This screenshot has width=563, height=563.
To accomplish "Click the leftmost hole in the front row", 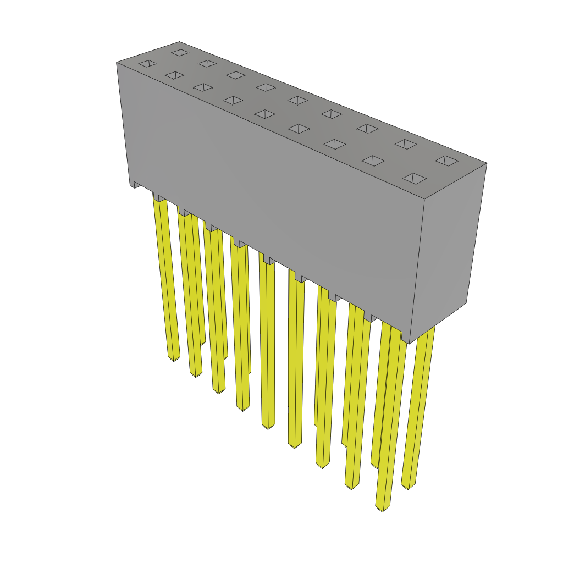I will pyautogui.click(x=148, y=64).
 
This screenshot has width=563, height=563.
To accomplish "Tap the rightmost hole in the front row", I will pyautogui.click(x=414, y=179).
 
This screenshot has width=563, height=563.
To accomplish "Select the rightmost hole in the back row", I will pyautogui.click(x=446, y=161).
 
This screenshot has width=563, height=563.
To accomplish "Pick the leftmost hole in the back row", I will pyautogui.click(x=180, y=53).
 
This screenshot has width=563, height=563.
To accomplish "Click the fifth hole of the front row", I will pyautogui.click(x=266, y=114).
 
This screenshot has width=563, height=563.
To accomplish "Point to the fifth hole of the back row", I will pyautogui.click(x=297, y=101).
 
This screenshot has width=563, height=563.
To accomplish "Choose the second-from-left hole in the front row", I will pyautogui.click(x=174, y=75).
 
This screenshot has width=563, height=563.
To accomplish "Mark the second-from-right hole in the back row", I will pyautogui.click(x=406, y=144).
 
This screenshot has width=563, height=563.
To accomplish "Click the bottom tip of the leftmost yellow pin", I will pyautogui.click(x=174, y=359).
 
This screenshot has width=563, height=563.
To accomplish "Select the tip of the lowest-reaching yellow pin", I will pyautogui.click(x=383, y=509).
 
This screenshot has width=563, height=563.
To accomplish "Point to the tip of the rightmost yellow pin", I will pyautogui.click(x=407, y=487).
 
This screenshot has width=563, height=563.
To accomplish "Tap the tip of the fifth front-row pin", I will pyautogui.click(x=268, y=427).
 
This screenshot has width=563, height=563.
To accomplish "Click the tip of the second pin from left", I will pyautogui.click(x=196, y=374).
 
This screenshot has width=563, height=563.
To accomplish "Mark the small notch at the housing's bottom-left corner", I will pyautogui.click(x=133, y=185).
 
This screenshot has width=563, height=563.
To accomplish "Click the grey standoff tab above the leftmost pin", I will pyautogui.click(x=158, y=197).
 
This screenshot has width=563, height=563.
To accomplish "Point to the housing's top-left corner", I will pyautogui.click(x=117, y=63).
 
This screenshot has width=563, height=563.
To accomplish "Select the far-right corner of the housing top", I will pyautogui.click(x=487, y=163).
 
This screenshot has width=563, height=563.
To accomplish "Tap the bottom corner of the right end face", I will pyautogui.click(x=410, y=344).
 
